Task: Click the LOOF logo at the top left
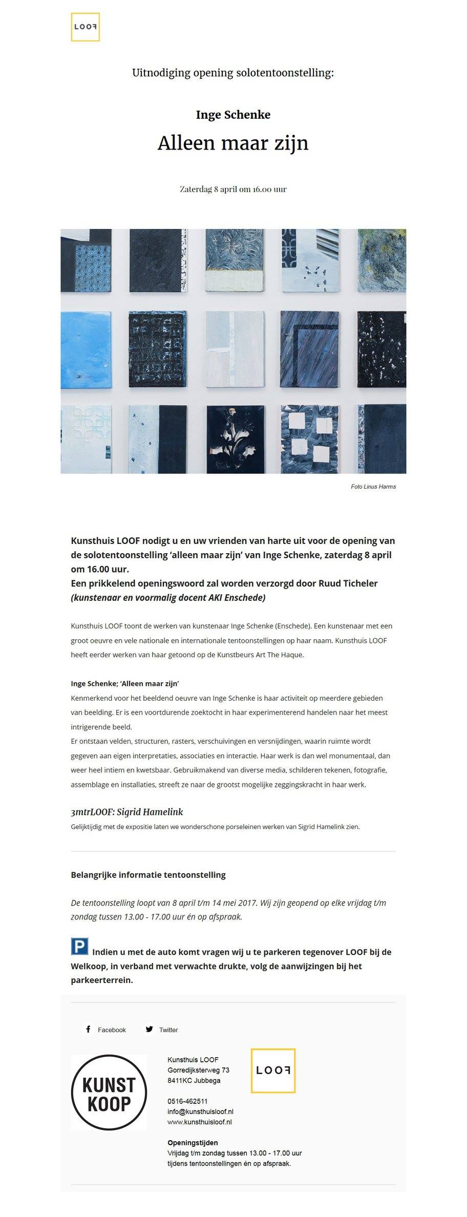[x=85, y=27]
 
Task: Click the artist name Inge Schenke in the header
[x=233, y=115]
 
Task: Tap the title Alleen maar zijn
[x=233, y=143]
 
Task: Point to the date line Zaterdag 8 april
[x=233, y=189]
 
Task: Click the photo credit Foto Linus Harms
[x=373, y=487]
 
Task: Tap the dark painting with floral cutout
[x=236, y=438]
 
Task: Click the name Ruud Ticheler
[x=348, y=583]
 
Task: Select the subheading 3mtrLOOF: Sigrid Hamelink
[x=126, y=812]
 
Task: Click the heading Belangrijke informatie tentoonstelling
[x=148, y=875]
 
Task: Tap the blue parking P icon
[x=79, y=947]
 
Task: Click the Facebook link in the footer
[x=105, y=1030]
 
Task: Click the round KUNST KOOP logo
[x=109, y=1092]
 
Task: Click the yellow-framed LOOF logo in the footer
[x=273, y=1071]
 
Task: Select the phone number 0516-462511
[x=187, y=1101]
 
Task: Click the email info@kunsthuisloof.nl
[x=200, y=1111]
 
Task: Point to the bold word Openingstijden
[x=193, y=1142]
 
